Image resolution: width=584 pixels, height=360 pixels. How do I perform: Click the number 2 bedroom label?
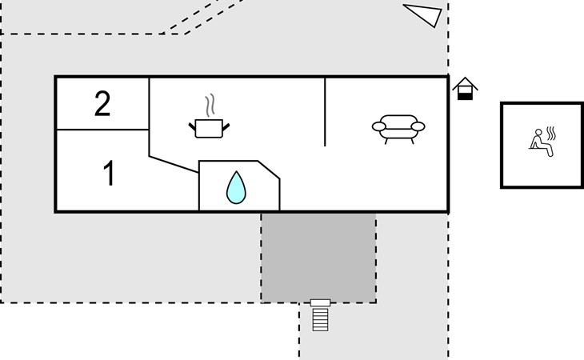click(102, 104)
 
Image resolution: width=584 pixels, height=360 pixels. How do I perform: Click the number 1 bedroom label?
click(109, 173)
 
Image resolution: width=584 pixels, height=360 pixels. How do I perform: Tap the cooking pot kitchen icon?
click(209, 129)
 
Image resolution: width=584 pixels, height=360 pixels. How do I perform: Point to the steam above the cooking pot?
click(210, 105)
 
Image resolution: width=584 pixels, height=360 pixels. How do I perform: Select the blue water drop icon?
click(236, 187)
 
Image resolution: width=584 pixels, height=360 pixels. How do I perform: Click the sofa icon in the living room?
click(398, 129)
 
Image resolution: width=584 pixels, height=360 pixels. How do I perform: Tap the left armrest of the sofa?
click(378, 126)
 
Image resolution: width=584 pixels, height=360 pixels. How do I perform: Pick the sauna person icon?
click(540, 142)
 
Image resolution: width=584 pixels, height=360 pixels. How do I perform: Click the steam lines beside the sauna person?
click(551, 134)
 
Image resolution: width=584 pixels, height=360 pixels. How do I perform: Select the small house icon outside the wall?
click(465, 89)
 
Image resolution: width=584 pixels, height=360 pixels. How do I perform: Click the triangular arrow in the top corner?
click(422, 15)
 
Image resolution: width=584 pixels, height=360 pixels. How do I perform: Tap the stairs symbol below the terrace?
click(320, 315)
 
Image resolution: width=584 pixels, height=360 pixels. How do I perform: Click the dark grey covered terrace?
click(318, 258)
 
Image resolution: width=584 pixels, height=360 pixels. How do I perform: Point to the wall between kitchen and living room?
click(325, 112)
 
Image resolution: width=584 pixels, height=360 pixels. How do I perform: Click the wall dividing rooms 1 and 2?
click(102, 130)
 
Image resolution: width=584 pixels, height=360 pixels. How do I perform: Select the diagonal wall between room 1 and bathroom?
click(174, 164)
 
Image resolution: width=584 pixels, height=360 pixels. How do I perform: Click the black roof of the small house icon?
click(465, 82)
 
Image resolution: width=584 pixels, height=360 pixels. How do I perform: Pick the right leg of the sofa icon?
click(412, 141)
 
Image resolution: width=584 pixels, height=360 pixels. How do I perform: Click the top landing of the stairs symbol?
click(320, 302)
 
